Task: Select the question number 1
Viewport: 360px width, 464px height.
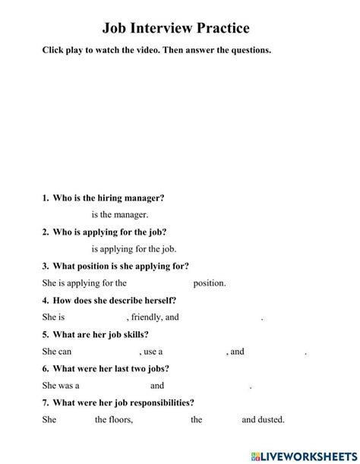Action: click(x=45, y=198)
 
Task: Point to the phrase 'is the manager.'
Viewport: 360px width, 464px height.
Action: click(x=120, y=215)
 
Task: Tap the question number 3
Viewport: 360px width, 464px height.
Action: click(x=45, y=266)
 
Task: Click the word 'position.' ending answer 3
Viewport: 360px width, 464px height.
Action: click(x=210, y=283)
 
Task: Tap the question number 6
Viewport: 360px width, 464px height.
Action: click(x=45, y=368)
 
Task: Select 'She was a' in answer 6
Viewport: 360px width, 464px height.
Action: click(x=61, y=386)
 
